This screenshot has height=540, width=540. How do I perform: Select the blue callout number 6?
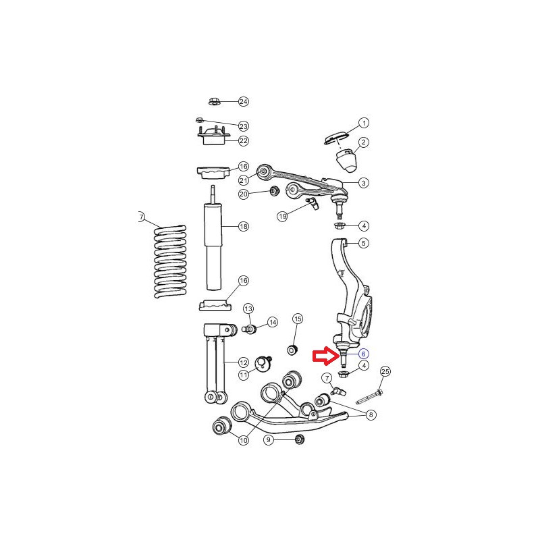(363, 354)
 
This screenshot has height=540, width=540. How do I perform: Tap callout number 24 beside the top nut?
(244, 102)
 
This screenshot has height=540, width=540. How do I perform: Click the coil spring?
(170, 262)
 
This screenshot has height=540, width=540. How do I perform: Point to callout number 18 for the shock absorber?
(244, 226)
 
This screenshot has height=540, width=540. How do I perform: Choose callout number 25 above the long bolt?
(385, 372)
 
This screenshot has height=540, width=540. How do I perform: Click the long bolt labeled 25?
(369, 396)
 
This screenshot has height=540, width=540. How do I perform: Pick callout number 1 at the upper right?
(364, 123)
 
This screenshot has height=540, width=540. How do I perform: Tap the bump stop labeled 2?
(346, 160)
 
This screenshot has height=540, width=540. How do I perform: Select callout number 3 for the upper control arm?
(364, 183)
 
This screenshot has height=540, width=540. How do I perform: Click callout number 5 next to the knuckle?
(364, 243)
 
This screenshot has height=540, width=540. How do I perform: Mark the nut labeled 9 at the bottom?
(299, 439)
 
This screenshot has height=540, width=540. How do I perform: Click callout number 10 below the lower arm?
(244, 440)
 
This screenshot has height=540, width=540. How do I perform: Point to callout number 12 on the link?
(244, 362)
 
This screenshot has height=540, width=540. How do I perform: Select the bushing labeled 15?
(292, 350)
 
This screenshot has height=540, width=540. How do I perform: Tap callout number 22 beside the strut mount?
(244, 140)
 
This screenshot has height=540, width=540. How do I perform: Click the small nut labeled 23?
(199, 120)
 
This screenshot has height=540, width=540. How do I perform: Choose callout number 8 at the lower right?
(371, 414)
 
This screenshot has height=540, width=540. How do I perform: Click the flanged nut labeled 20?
(275, 191)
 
